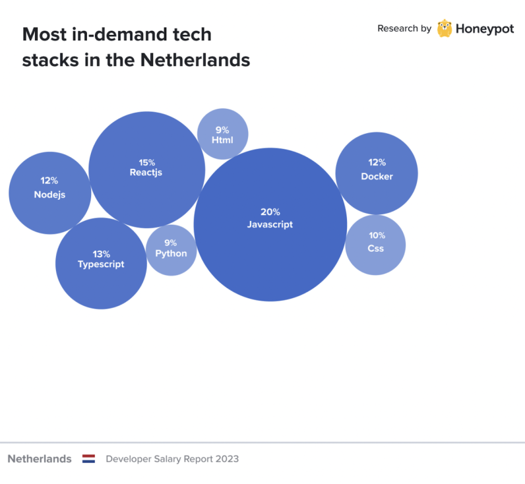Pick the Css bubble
point(375,260)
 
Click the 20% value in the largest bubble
point(270,212)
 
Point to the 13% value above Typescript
point(101,254)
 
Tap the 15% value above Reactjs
point(146,162)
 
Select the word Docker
point(377,177)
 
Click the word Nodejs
point(49,195)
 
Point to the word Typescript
point(101,264)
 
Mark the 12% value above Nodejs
point(49,181)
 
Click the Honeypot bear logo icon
point(445,28)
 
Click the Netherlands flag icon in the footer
point(88,459)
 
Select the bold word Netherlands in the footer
point(40,459)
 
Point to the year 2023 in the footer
point(227,459)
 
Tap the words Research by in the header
point(404,28)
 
